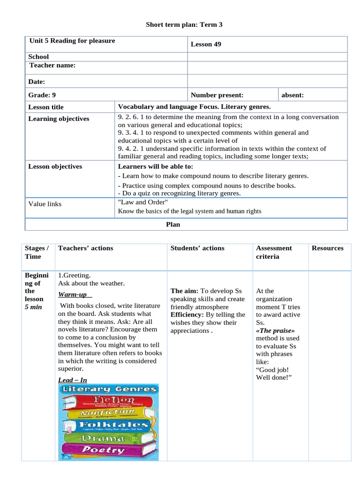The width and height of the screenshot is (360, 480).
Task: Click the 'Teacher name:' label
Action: coord(52,66)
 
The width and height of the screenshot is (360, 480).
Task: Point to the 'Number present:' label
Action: coord(217,95)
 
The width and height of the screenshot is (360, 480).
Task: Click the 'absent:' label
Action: coord(292,95)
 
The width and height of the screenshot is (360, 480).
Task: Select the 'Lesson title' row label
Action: coord(46,107)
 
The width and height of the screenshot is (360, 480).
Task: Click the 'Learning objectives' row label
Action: coord(59,119)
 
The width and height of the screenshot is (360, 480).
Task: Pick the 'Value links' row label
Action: coord(45,204)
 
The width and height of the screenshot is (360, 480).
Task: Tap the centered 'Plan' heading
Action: coord(173,225)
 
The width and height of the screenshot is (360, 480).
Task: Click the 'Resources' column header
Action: coord(327,248)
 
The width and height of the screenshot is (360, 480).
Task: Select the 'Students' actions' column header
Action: coord(197,248)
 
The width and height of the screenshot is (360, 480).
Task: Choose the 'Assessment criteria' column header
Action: coord(274,252)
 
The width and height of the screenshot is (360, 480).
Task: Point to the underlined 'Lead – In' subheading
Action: coord(73,380)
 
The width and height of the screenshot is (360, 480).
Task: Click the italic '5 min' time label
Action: coord(34,307)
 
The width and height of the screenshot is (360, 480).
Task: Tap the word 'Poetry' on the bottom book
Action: coord(104,450)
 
